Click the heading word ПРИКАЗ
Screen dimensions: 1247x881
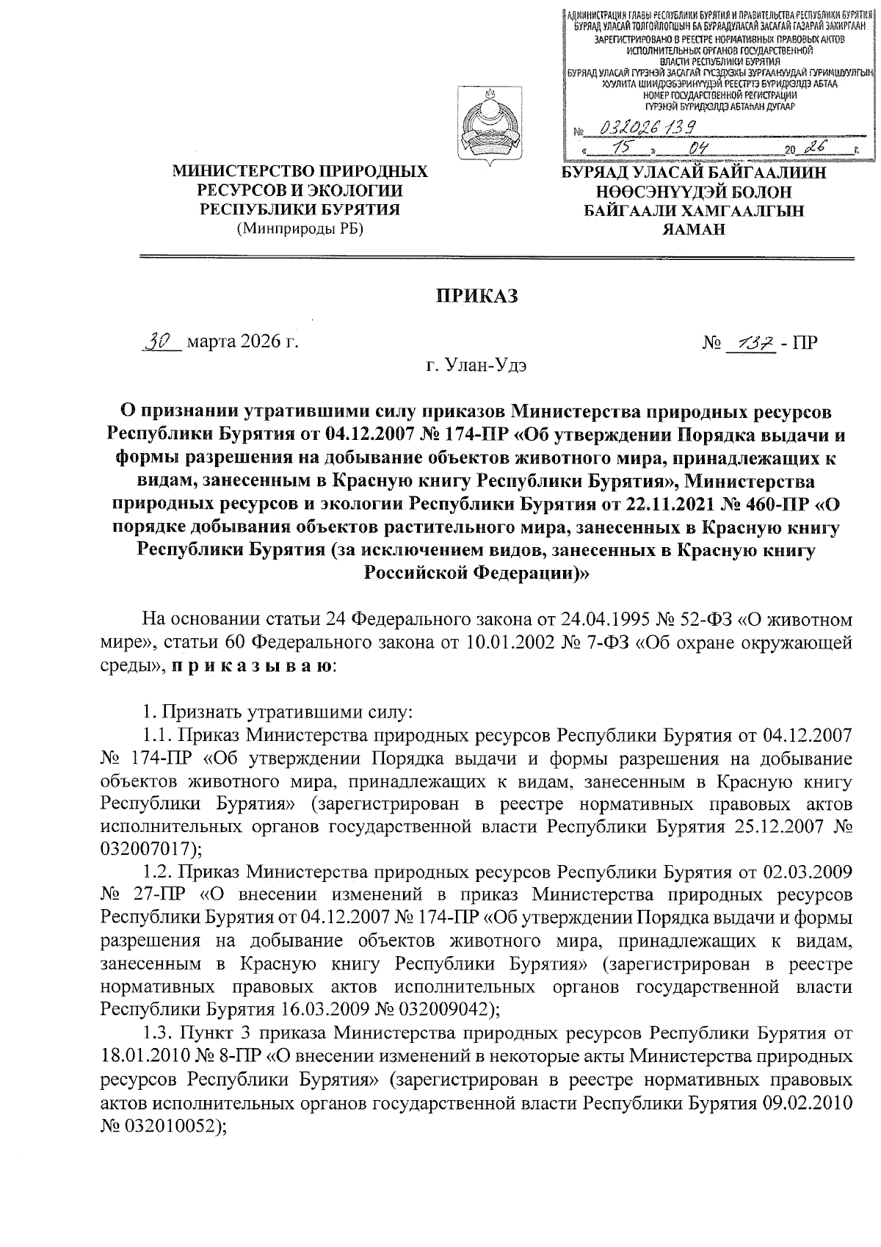477,296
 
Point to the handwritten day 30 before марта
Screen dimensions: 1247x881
160,342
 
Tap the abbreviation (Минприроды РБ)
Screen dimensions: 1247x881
300,228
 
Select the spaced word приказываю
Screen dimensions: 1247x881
254,667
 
